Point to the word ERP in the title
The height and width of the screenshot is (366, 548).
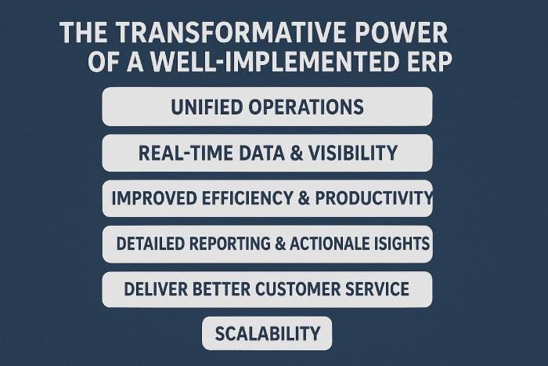(x=427, y=62)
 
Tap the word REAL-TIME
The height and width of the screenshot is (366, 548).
(x=186, y=154)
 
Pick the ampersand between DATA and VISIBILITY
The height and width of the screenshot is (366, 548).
(x=297, y=154)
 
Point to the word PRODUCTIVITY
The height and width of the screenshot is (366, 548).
(x=374, y=198)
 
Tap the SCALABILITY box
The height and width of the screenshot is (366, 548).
(x=267, y=333)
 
